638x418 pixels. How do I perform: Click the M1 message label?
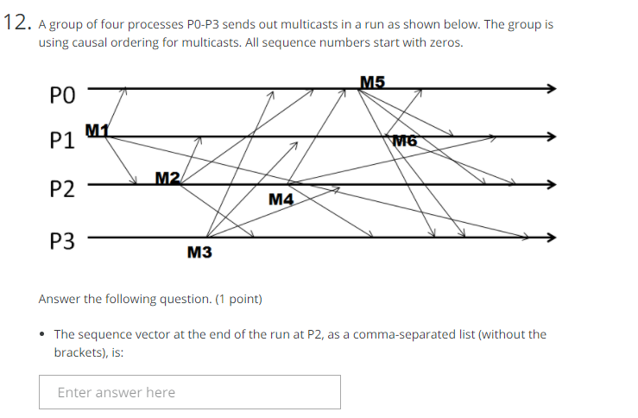click(97, 130)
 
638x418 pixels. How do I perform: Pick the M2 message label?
click(167, 178)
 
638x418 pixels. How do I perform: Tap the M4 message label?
click(281, 200)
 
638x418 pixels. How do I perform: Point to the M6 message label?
click(404, 141)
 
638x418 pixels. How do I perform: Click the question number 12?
click(16, 24)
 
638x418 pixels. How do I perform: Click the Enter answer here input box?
click(189, 392)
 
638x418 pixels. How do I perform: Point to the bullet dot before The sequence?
click(43, 334)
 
